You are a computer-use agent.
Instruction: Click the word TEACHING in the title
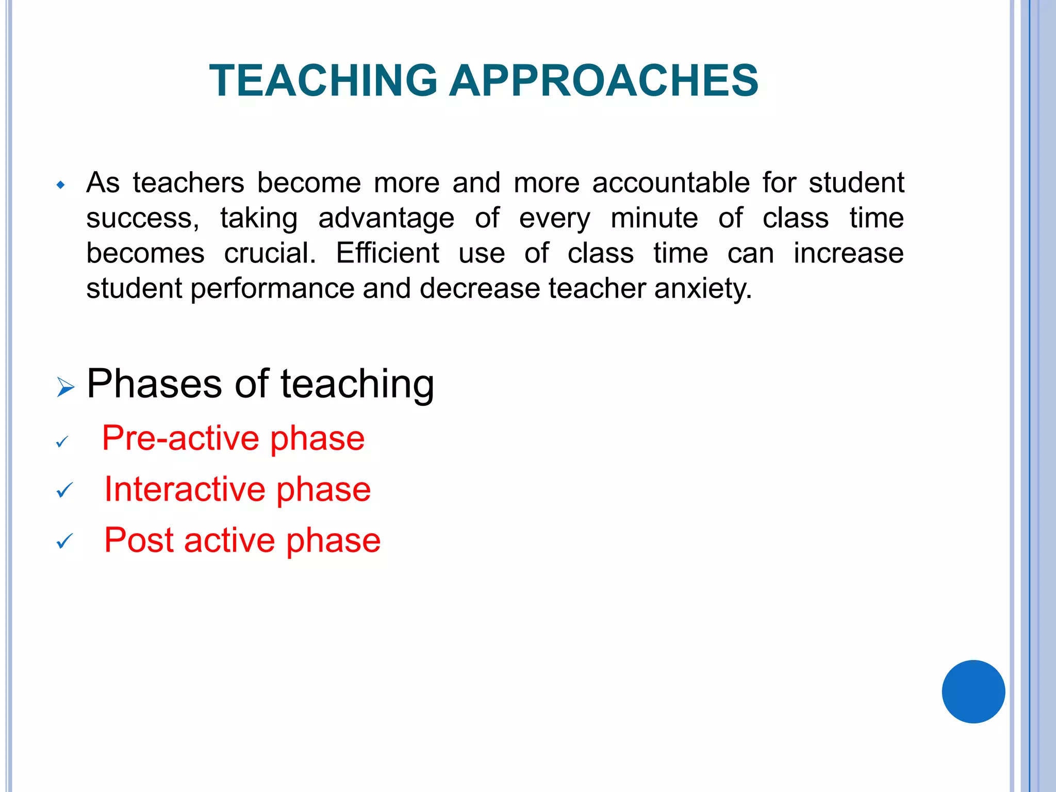point(324,80)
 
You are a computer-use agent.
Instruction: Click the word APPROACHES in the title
point(604,80)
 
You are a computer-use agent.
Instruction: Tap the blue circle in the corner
point(973,691)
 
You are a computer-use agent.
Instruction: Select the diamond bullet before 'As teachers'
point(61,185)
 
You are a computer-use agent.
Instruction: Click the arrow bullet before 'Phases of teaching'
point(65,387)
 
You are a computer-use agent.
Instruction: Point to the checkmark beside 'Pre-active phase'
point(62,442)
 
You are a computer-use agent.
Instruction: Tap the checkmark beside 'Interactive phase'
point(64,490)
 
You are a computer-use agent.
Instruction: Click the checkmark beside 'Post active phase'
point(64,541)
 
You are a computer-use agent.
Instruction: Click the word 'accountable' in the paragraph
point(671,183)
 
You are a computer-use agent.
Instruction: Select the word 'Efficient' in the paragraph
point(388,253)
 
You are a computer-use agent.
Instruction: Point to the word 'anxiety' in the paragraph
point(703,288)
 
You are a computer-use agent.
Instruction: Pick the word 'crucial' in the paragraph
point(270,253)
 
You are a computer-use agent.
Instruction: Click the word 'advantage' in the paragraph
point(386,219)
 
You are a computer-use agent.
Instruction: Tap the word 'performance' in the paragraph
point(272,289)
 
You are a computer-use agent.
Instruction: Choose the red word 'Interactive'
point(186,489)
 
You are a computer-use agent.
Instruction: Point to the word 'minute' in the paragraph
point(654,218)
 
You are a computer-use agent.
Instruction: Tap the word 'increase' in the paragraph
point(848,253)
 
